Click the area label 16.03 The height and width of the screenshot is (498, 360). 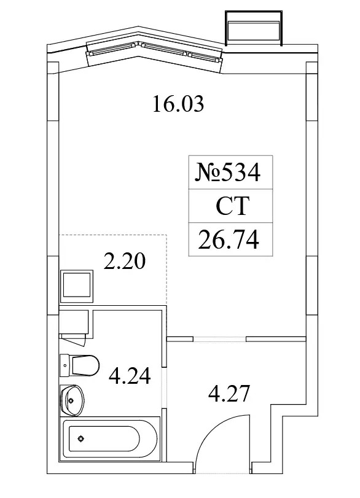(178, 104)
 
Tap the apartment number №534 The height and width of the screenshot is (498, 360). (228, 172)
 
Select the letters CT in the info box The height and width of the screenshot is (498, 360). (233, 206)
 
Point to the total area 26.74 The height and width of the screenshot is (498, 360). (229, 239)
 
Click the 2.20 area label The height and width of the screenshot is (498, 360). (125, 262)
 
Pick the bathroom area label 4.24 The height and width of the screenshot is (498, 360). (130, 376)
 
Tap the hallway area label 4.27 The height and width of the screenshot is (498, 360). (229, 394)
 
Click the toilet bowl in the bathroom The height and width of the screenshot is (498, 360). (85, 365)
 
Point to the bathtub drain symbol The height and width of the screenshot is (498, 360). (81, 439)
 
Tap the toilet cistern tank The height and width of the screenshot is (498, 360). (65, 365)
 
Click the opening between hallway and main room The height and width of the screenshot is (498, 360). (219, 339)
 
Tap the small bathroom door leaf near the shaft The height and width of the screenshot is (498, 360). (74, 340)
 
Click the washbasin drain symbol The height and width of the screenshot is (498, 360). (71, 400)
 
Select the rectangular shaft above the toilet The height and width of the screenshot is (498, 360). (74, 322)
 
